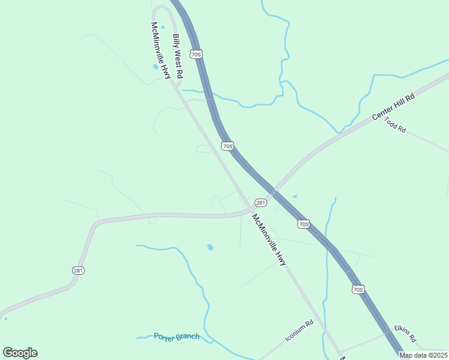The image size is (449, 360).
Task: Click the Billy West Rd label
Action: click(178, 57)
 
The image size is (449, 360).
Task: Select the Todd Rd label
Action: click(396, 125)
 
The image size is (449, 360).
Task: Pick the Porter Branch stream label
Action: click(176, 337)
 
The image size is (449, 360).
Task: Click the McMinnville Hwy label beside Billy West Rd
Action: click(161, 50)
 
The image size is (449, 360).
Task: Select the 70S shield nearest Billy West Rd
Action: click(196, 54)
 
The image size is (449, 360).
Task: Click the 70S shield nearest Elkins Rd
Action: click(358, 289)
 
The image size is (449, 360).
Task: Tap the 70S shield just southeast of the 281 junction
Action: click(304, 224)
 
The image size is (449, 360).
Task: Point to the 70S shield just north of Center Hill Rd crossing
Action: click(227, 146)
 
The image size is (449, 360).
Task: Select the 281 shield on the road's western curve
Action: click(79, 271)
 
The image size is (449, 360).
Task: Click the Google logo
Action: click(20, 353)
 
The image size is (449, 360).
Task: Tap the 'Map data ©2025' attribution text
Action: click(423, 355)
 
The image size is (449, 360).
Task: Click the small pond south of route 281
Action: click(210, 247)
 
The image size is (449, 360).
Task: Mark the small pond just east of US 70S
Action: click(294, 196)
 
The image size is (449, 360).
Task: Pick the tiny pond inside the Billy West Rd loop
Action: click(162, 27)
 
